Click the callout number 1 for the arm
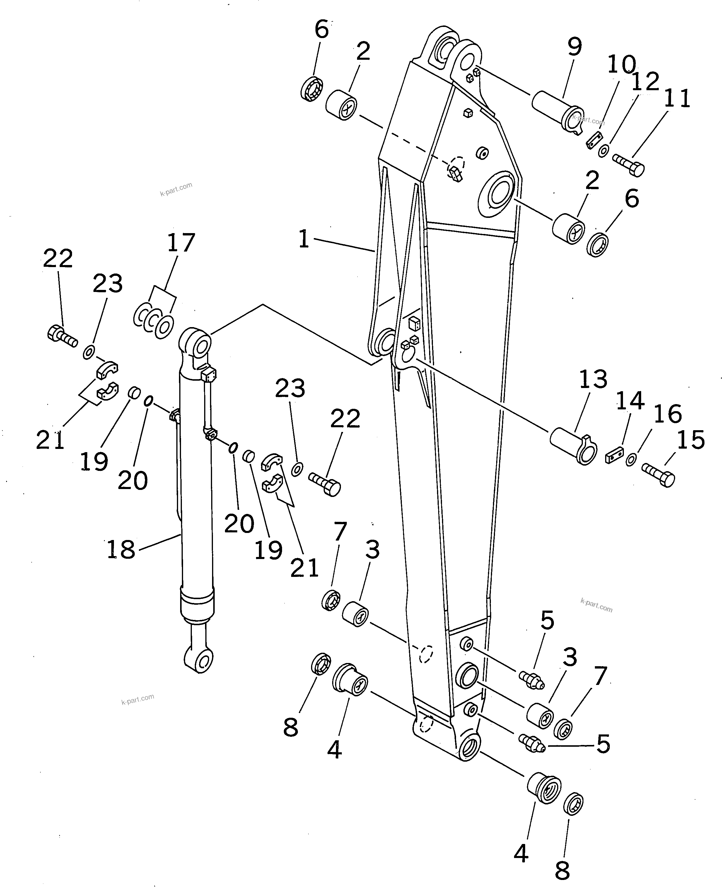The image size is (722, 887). (304, 240)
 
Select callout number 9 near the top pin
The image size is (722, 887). (574, 47)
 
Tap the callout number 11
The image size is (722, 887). (677, 99)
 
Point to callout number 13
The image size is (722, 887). (593, 379)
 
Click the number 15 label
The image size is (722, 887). (691, 440)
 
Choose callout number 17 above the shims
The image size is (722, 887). (181, 242)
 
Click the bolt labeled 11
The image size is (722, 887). (629, 164)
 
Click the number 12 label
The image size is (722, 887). (645, 81)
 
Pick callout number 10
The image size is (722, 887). (622, 64)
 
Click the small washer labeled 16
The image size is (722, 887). (631, 459)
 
